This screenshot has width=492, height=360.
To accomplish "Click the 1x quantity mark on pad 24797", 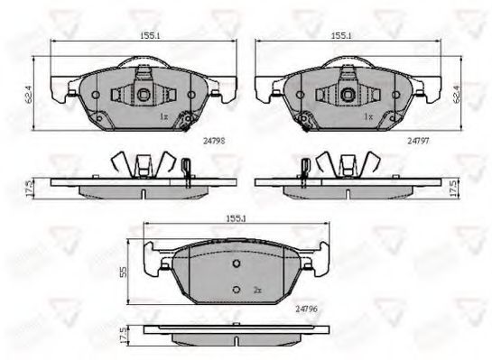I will (366, 118).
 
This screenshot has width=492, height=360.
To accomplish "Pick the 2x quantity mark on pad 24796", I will (257, 290).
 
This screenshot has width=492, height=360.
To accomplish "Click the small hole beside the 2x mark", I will (237, 289).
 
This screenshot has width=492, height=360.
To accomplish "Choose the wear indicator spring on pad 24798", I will (187, 118).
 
